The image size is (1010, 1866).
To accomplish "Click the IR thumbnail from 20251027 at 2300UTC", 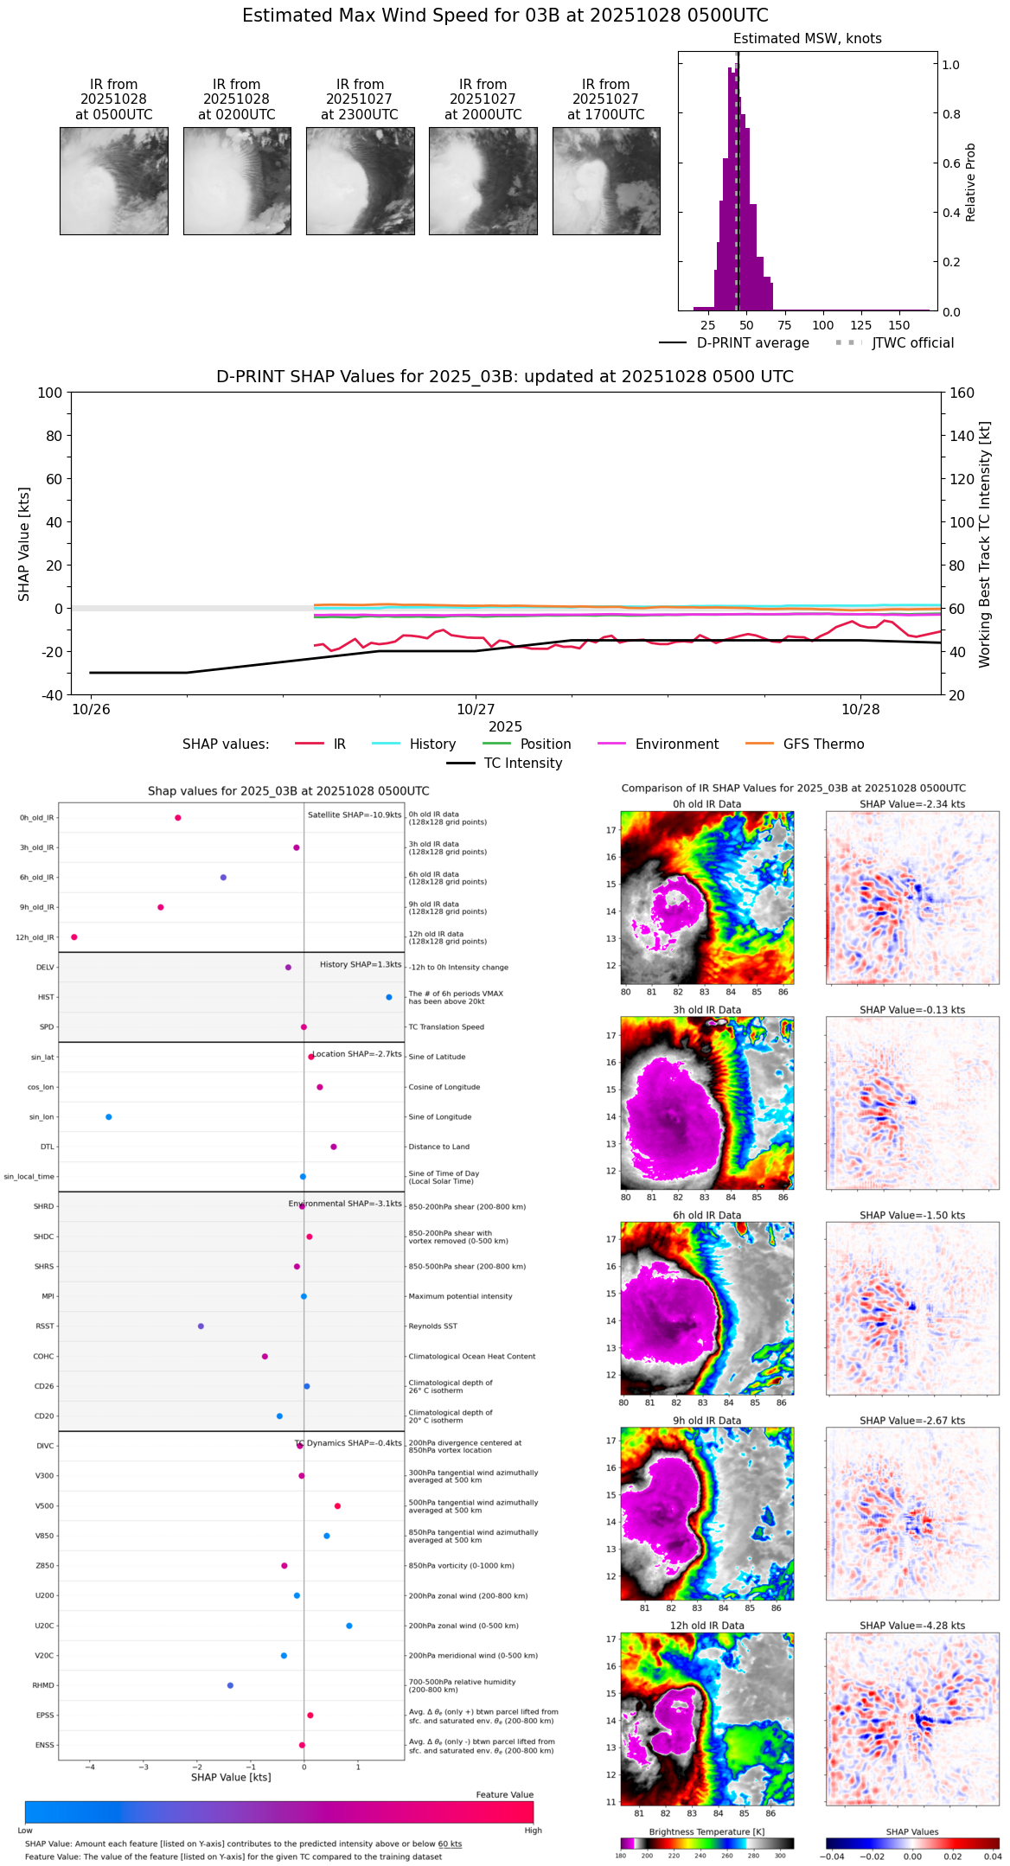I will tap(360, 181).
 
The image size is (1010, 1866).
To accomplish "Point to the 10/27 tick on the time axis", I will tap(476, 709).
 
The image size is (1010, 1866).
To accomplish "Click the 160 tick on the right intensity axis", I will tap(962, 393).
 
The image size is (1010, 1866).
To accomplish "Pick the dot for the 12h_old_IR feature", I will tap(74, 937).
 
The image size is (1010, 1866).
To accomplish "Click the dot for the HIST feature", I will tap(389, 997).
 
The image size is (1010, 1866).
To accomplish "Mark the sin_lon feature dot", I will tap(109, 1117).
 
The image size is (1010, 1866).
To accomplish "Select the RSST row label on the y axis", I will tap(44, 1326).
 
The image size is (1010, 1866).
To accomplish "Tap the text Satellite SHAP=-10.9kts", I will tap(355, 815).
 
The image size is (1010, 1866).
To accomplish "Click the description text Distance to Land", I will tap(440, 1147).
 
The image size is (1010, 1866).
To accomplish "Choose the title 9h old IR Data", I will tap(706, 1421).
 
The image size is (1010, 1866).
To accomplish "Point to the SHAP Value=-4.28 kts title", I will tap(912, 1626).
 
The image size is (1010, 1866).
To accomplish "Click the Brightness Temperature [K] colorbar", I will tap(706, 1844).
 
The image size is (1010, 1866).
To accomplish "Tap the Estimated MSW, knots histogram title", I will tap(807, 39).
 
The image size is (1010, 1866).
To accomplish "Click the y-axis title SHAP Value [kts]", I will tap(24, 544).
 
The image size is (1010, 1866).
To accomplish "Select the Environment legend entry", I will tap(676, 744).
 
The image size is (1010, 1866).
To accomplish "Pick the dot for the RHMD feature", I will tap(230, 1685).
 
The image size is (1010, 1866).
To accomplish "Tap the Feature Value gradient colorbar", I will tap(279, 1812).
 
